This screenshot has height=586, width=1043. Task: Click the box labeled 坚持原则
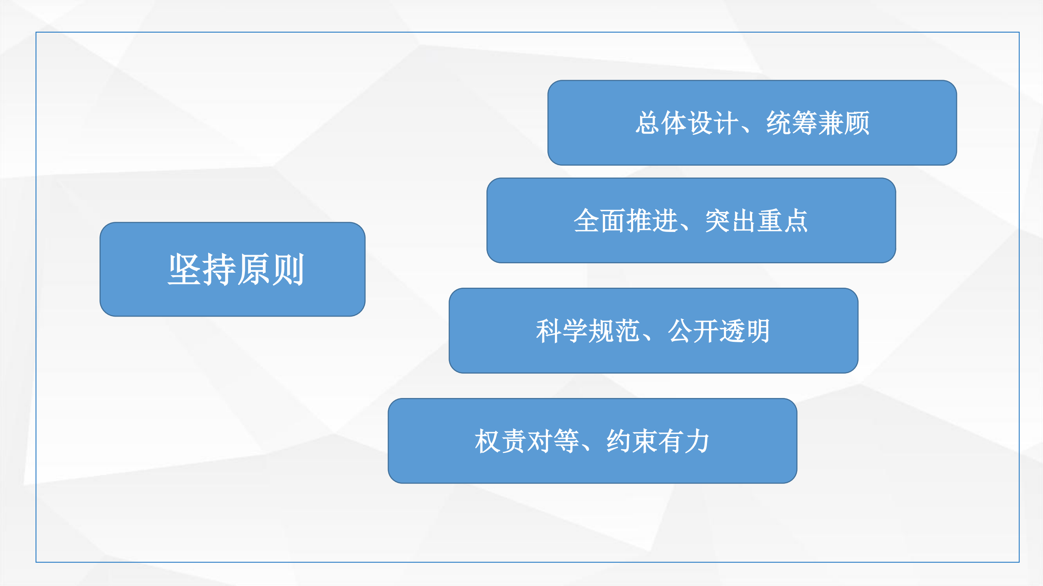coord(232,269)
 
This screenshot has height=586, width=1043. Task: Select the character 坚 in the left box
coord(185,269)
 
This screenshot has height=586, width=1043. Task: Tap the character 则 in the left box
coord(287,269)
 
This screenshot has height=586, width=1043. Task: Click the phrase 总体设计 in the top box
coord(687,123)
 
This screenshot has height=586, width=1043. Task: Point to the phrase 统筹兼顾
coord(818,123)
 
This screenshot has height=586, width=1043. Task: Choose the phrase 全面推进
coord(625,221)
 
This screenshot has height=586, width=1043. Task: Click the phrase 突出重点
coord(757,221)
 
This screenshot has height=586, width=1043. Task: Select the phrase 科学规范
coord(588,331)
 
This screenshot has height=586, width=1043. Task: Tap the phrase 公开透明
coord(719,331)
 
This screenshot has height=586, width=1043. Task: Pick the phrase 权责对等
coord(527,441)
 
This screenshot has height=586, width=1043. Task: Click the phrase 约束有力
coord(658,441)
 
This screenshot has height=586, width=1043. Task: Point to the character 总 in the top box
coord(648,123)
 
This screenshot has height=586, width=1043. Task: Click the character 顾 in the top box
coord(857,123)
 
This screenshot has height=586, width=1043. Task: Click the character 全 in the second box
coord(587,221)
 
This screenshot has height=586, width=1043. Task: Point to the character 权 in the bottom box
coord(488,441)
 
